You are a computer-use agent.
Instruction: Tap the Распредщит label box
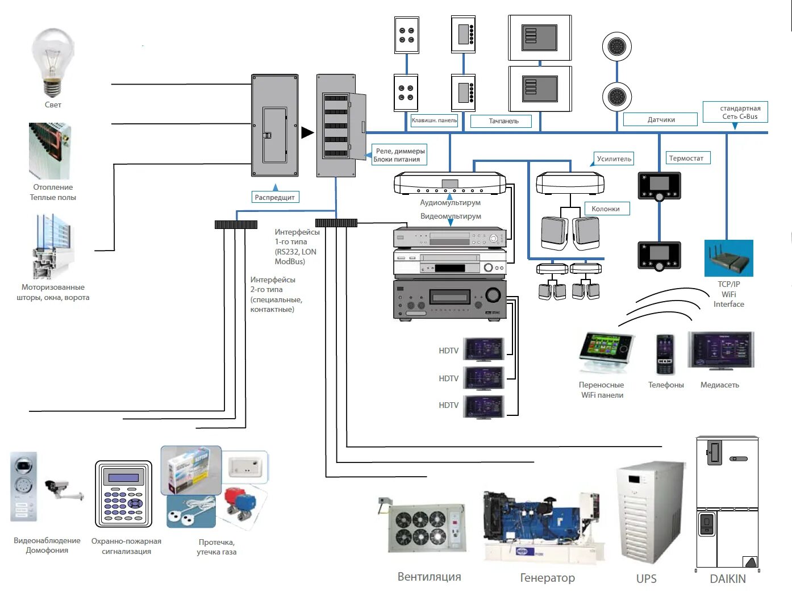tap(275, 197)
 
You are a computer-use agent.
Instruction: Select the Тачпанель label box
tap(502, 121)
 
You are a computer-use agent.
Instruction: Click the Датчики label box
tap(660, 119)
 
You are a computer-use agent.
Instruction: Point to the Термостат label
tap(686, 158)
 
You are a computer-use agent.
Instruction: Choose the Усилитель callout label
tap(614, 159)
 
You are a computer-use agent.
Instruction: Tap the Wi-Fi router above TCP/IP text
tap(728, 259)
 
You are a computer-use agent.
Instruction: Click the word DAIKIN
tap(728, 578)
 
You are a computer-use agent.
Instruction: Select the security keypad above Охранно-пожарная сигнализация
tap(123, 494)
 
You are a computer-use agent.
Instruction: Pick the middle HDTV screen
tap(483, 378)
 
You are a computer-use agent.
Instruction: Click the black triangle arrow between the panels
tap(307, 133)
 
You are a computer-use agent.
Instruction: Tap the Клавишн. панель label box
tap(434, 120)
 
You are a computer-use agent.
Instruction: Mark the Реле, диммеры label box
tap(399, 155)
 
